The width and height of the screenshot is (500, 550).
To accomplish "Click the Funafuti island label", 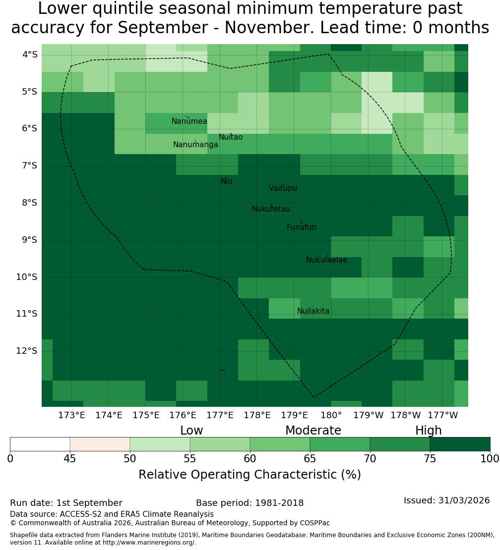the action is point(302,227).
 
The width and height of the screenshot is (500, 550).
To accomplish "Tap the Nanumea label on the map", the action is point(189,121).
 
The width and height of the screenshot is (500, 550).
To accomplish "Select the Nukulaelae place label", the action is point(326,260).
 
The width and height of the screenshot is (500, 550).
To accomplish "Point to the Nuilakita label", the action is point(313,311).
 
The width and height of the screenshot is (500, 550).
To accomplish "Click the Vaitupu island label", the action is point(283,188).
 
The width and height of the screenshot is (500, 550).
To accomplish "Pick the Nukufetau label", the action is point(271,209).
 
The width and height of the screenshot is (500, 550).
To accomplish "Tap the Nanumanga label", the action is point(195,145).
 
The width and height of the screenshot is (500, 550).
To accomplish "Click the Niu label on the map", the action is point(227,181).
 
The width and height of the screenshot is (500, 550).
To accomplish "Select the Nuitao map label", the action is point(231,137).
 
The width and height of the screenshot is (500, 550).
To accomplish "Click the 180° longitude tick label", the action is point(331,415).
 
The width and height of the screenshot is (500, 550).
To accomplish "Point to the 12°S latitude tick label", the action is point(27,351).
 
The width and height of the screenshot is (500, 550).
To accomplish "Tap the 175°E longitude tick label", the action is point(146,415).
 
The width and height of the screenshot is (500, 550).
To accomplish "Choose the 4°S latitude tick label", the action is point(29,55).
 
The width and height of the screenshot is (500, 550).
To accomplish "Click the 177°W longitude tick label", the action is point(443,415).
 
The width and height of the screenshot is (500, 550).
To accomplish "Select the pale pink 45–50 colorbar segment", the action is point(100,444).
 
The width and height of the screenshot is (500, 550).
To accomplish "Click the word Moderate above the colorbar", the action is point(313,431).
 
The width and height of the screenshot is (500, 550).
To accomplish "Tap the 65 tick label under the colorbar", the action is point(310,458).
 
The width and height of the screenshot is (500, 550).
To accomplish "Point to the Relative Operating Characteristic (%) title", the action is point(250,475).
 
